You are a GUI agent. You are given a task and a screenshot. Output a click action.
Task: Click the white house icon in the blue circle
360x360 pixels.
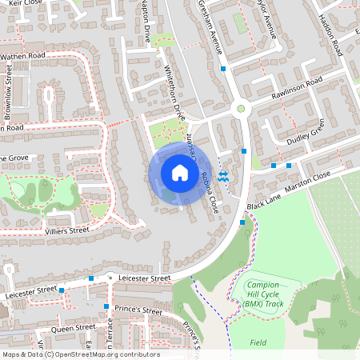tap(179, 172)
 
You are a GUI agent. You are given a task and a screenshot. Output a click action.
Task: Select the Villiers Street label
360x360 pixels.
tap(67, 230)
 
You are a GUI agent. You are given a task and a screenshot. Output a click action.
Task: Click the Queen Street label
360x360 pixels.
tap(73, 328)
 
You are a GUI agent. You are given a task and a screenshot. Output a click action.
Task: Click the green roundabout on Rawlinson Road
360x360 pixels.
tap(239, 109)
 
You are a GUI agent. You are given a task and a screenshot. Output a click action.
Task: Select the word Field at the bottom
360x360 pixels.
tap(258, 342)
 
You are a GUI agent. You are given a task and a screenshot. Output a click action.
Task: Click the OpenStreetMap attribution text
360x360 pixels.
tap(80, 354)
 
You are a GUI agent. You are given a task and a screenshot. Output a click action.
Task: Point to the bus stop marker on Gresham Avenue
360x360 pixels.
tap(222, 70)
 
